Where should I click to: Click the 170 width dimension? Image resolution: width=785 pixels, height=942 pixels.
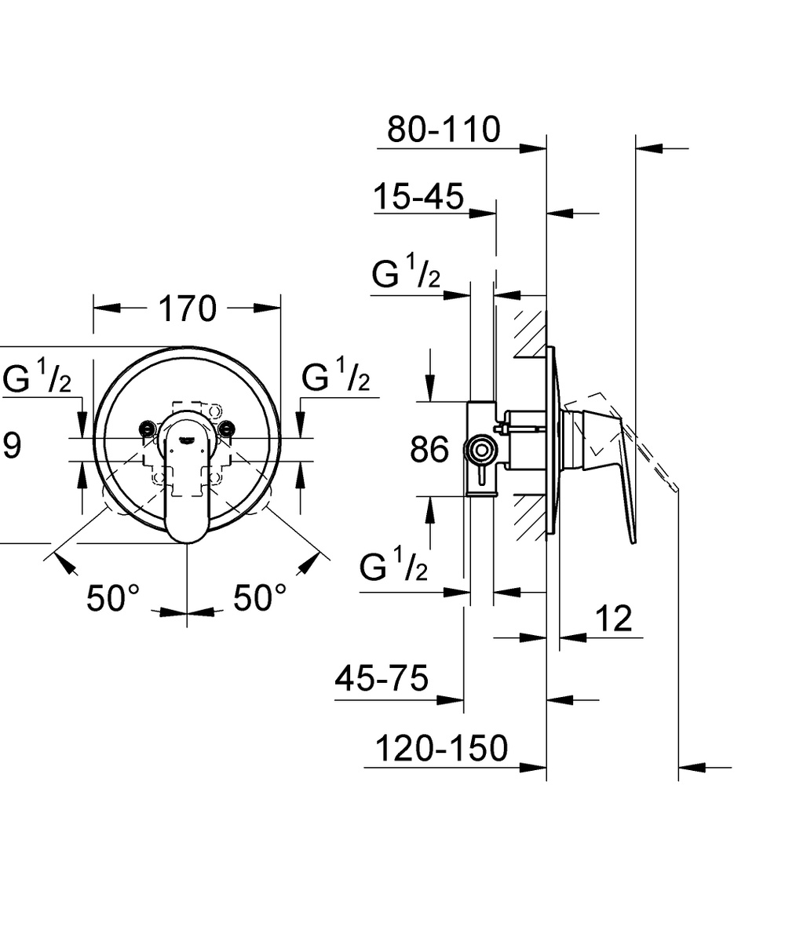pos(188,309)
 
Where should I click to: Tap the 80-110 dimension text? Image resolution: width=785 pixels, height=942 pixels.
pos(444,129)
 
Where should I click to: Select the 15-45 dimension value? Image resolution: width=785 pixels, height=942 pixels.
pos(418,196)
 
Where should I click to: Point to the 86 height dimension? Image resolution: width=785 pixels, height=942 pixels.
pos(429,449)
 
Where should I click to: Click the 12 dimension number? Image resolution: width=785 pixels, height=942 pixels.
pos(614,619)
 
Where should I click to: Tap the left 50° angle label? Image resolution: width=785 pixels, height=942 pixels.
pos(113,597)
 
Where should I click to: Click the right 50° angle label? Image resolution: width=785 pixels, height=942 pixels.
pos(260,597)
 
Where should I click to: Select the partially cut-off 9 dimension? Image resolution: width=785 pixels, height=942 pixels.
pos(13,446)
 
